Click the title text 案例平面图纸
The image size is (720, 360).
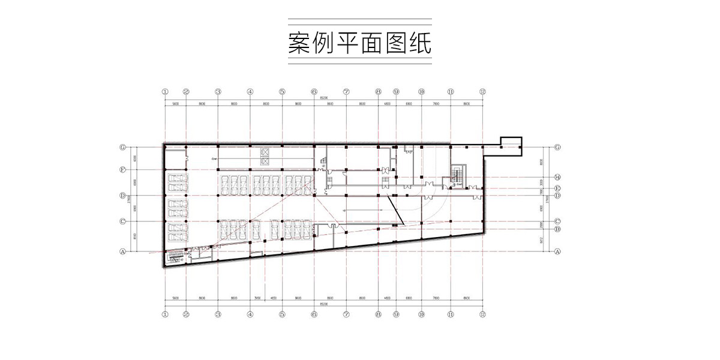pyautogui.click(x=359, y=44)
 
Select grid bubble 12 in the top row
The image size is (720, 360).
pyautogui.click(x=482, y=92)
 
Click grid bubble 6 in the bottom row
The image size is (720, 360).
pyautogui.click(x=314, y=313)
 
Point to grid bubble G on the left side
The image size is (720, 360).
pyautogui.click(x=122, y=146)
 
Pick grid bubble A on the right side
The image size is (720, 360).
pyautogui.click(x=557, y=251)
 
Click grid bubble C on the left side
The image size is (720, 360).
pyautogui.click(x=122, y=221)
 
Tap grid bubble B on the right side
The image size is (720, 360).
pyautogui.click(x=557, y=229)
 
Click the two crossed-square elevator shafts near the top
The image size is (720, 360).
pyautogui.click(x=265, y=157)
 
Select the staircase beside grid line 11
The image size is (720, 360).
pyautogui.click(x=457, y=175)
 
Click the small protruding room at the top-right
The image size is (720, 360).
pyautogui.click(x=511, y=145)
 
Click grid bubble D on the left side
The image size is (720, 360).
pyautogui.click(x=122, y=196)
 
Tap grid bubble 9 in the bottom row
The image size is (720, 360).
pyautogui.click(x=396, y=313)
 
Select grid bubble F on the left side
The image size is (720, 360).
pyautogui.click(x=122, y=170)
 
